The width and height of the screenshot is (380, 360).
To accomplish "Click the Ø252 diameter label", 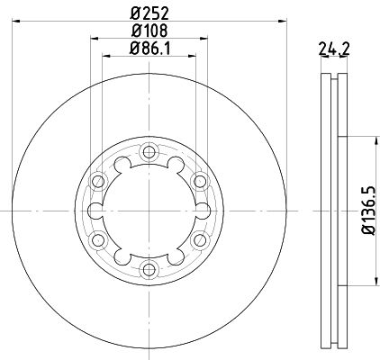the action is point(149,13).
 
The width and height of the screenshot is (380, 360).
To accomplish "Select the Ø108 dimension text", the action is point(149,31).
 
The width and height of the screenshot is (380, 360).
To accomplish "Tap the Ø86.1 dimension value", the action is point(149,48).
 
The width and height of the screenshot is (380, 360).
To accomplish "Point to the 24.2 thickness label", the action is point(334,49).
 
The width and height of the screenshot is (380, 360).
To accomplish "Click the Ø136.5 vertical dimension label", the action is point(368,211).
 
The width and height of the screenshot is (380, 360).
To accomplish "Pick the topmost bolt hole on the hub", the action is point(149,152).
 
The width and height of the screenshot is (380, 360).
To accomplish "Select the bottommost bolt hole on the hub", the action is point(149,270).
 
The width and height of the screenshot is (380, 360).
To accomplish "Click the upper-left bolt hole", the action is point(98,181).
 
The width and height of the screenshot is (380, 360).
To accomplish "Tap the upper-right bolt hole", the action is point(200,181).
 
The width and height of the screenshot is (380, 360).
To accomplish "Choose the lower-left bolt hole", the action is point(98,240).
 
